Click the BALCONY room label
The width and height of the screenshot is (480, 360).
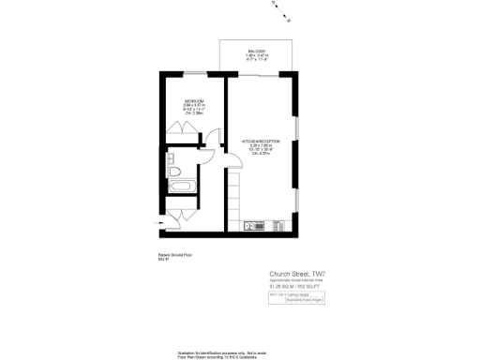coord(257,51)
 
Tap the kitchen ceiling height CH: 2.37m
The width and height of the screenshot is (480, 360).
coord(262,155)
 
